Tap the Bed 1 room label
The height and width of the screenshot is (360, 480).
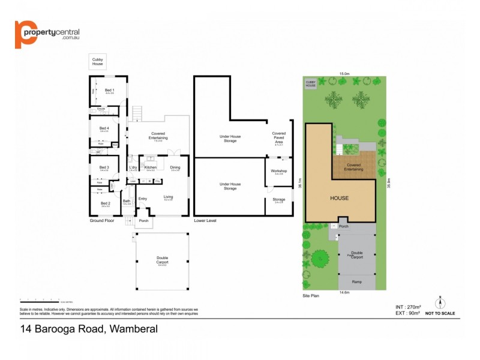[109, 90]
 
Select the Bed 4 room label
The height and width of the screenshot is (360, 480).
[104, 128]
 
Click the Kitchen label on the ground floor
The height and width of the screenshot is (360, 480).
[150, 167]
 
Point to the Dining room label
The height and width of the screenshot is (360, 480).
[175, 167]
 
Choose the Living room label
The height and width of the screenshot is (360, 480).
[169, 196]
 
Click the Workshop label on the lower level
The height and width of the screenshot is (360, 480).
[279, 171]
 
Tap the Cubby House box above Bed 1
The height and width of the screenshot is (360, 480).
[97, 62]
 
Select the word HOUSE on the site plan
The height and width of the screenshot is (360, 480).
[339, 197]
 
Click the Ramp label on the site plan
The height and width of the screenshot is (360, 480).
[356, 281]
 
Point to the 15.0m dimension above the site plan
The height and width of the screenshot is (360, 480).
[344, 74]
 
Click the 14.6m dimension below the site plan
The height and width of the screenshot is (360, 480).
[344, 293]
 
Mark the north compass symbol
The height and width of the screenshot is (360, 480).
[440, 302]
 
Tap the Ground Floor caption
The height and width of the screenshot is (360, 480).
[103, 221]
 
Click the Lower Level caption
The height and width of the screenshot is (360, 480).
[205, 221]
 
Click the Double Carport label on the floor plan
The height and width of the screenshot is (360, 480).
[162, 260]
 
